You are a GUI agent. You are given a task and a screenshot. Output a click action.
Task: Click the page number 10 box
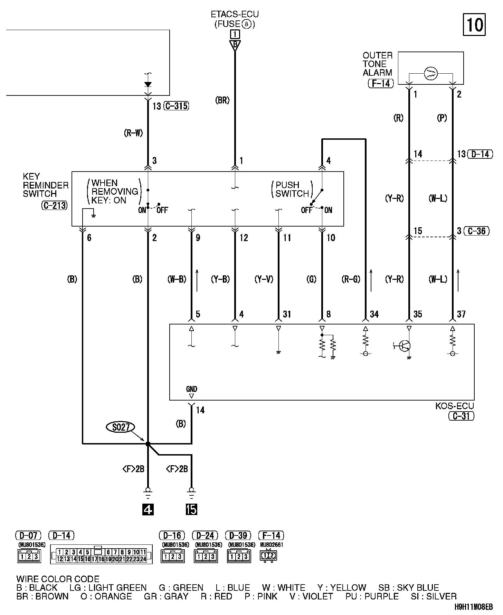pos(474,25)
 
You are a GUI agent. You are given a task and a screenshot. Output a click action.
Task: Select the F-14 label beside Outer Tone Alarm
pos(381,83)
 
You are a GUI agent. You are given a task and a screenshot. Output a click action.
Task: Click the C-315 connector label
pos(177,106)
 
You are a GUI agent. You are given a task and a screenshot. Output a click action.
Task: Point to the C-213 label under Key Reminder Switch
pos(54,205)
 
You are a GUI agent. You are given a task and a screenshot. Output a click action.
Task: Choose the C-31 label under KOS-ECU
pos(461,416)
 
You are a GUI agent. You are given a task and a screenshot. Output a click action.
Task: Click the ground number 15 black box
pos(191,509)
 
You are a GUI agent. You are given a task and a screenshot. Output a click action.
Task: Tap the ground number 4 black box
pos(148,509)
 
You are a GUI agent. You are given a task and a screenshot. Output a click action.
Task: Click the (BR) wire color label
pos(222,100)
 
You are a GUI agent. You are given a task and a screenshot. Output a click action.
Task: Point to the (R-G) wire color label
pos(351,279)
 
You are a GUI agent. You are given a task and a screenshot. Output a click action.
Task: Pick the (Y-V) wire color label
pos(264,279)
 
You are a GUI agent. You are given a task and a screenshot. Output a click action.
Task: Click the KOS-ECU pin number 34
pos(374,314)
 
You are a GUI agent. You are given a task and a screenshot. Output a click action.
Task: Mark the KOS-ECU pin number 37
pos(461,314)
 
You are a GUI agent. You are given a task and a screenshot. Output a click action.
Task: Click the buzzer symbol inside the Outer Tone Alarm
pos(431,73)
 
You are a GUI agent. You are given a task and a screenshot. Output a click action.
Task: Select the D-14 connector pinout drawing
pos(101,555)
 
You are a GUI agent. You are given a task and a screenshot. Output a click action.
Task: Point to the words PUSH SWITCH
pos(292,189)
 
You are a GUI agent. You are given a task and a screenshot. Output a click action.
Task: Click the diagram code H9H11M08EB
pos(474,607)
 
